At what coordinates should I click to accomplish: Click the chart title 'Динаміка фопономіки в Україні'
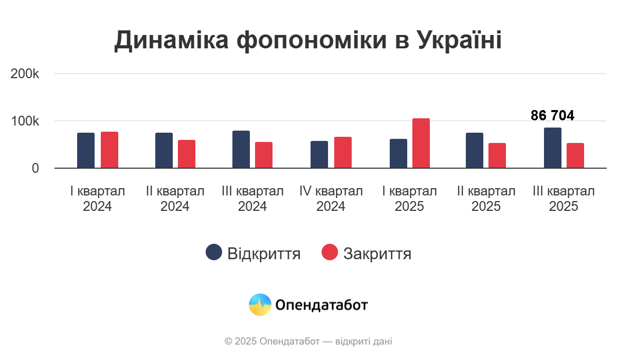(308, 40)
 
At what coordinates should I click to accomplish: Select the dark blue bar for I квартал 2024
(86, 151)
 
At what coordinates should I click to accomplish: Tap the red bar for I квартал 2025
(421, 143)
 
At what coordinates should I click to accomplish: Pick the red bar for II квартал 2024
(187, 154)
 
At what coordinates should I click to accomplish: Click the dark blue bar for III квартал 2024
(241, 150)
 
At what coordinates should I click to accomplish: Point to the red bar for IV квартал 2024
(343, 153)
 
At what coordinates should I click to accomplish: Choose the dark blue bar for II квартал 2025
(475, 151)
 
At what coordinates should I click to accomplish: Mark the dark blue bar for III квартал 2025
(553, 148)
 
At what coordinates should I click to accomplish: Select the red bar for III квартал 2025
(575, 156)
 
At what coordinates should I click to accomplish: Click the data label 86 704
(552, 116)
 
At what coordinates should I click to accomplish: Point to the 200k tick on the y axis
(25, 74)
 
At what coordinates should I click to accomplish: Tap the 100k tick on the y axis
(25, 121)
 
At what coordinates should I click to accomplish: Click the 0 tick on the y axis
(35, 169)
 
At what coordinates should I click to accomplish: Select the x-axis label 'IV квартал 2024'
(331, 199)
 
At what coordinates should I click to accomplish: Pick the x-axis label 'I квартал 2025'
(410, 199)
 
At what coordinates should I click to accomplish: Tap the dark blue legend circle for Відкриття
(214, 253)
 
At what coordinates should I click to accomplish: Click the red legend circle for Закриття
(330, 253)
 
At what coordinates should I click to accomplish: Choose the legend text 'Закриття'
(377, 254)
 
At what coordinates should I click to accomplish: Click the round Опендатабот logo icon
(260, 305)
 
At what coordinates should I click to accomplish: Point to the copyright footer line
(308, 341)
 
